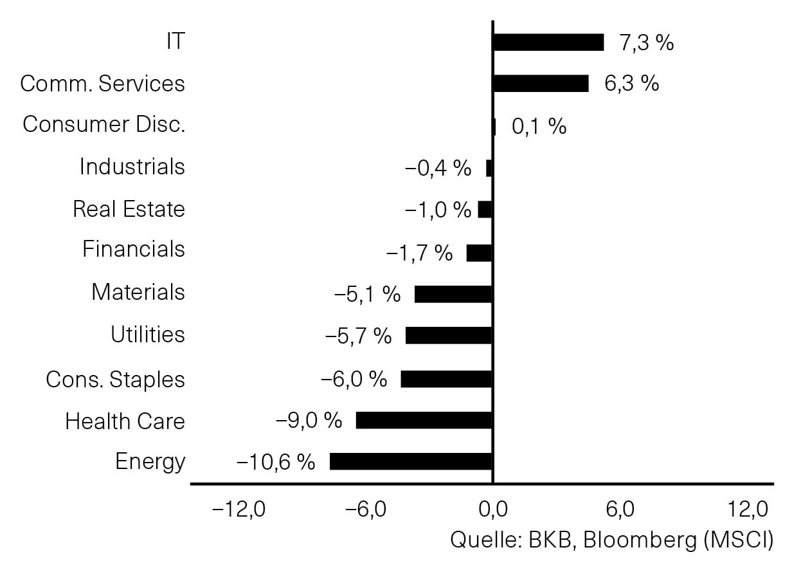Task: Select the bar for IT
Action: (x=549, y=42)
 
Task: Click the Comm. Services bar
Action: (x=541, y=84)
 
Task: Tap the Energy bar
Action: (x=411, y=461)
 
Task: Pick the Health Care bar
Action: (x=424, y=420)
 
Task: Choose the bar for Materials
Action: (x=453, y=294)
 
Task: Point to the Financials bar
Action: (x=479, y=253)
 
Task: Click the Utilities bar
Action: (x=449, y=335)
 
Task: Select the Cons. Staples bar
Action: (x=446, y=379)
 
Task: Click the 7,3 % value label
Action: (x=647, y=42)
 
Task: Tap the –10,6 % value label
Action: (x=276, y=461)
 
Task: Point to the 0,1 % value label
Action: (x=539, y=126)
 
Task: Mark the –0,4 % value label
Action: (x=438, y=168)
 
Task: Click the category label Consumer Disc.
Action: (x=104, y=124)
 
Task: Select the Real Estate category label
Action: (x=129, y=208)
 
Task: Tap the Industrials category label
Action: (x=132, y=167)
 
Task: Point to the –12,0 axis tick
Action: (x=239, y=509)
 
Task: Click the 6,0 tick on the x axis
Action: (x=620, y=509)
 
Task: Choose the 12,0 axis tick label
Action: (x=748, y=509)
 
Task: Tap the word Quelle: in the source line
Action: (x=486, y=540)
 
